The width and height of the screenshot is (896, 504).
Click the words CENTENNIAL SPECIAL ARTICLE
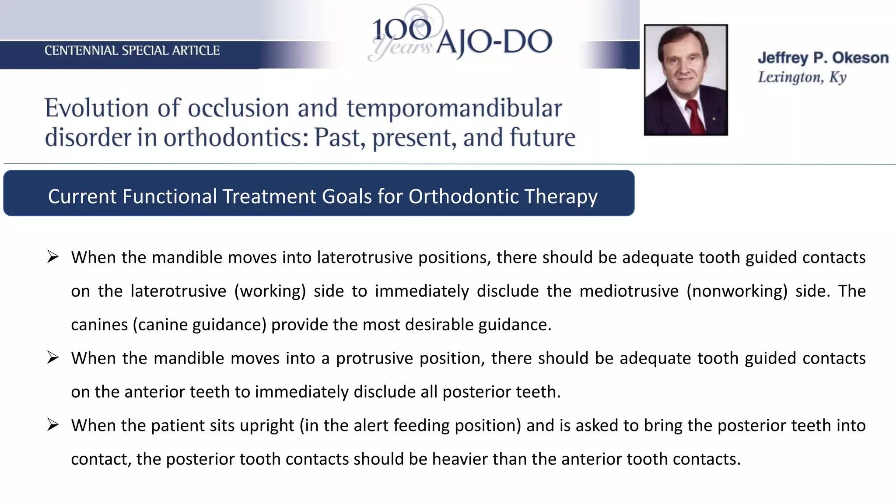pyautogui.click(x=132, y=51)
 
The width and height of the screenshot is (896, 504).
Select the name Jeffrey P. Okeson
pyautogui.click(x=823, y=58)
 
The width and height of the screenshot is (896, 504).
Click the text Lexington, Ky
pyautogui.click(x=802, y=77)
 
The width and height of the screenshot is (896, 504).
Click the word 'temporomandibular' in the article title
pyautogui.click(x=454, y=108)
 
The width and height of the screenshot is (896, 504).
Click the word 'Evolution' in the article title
pyautogui.click(x=97, y=108)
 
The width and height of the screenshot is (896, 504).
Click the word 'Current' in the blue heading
pyautogui.click(x=83, y=196)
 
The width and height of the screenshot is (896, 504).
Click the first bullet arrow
pyautogui.click(x=53, y=257)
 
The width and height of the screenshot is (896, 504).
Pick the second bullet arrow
pyautogui.click(x=53, y=358)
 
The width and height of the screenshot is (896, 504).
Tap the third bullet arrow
pyautogui.click(x=53, y=425)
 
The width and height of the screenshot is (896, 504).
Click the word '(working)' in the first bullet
pyautogui.click(x=270, y=291)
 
